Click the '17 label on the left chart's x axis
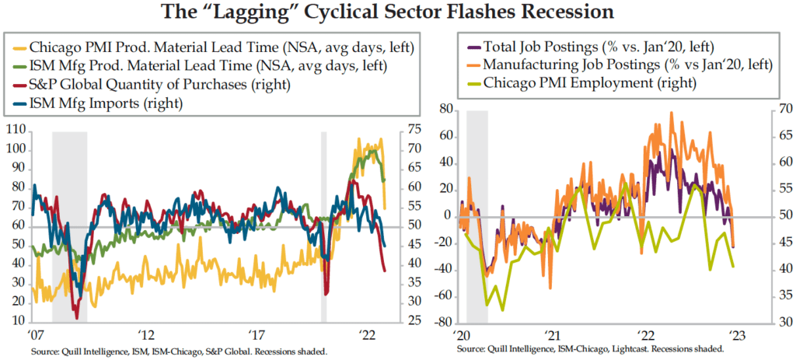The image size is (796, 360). (x=258, y=335)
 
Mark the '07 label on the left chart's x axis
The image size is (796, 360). (x=35, y=335)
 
